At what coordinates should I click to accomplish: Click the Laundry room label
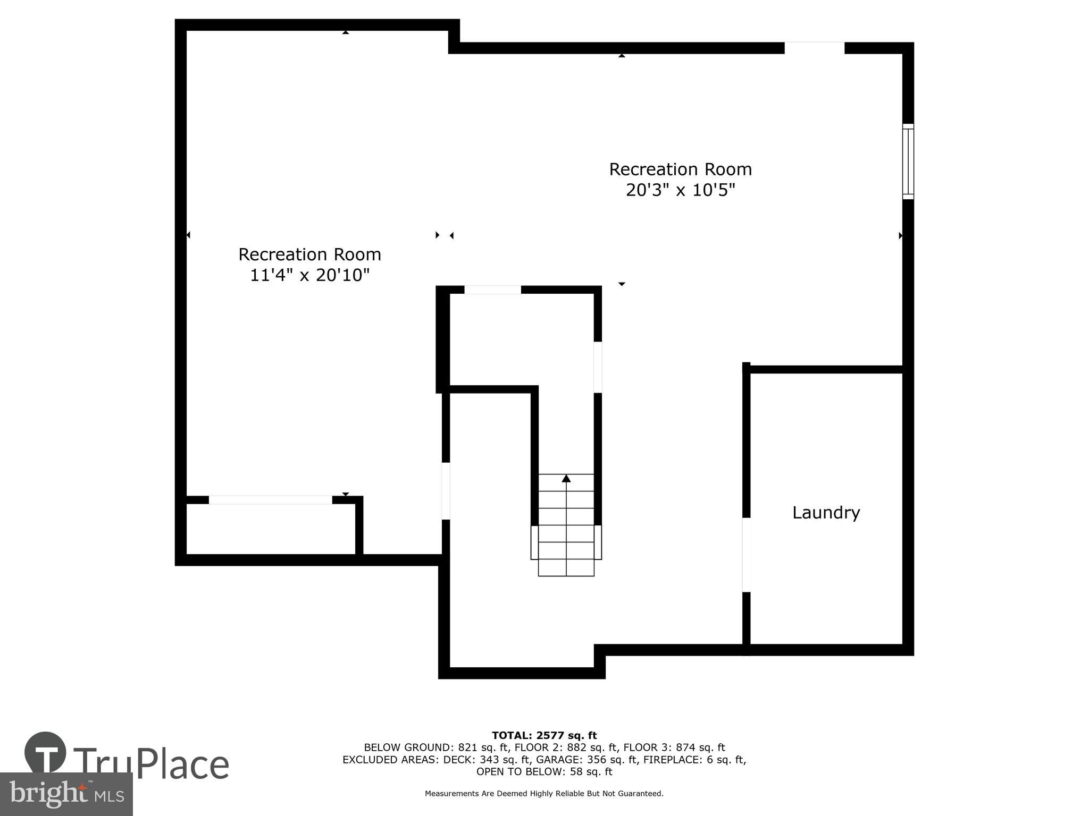[x=826, y=513]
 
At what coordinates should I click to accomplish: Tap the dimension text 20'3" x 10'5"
[x=680, y=190]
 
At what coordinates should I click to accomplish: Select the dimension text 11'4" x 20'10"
[x=309, y=275]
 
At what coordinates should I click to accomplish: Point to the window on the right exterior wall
[x=908, y=161]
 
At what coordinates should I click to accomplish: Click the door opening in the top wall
[x=814, y=48]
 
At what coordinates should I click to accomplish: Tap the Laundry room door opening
[x=746, y=555]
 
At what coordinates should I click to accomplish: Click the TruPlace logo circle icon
[x=46, y=753]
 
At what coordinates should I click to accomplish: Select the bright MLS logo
[x=66, y=794]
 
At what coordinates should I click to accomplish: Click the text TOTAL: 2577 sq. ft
[x=544, y=735]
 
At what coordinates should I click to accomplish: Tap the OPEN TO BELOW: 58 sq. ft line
[x=544, y=771]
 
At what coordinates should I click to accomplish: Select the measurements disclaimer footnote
[x=544, y=794]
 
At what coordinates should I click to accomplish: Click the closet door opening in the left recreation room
[x=270, y=500]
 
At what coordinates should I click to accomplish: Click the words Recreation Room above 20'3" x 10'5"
[x=680, y=169]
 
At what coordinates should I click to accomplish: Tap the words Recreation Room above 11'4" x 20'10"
[x=309, y=254]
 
